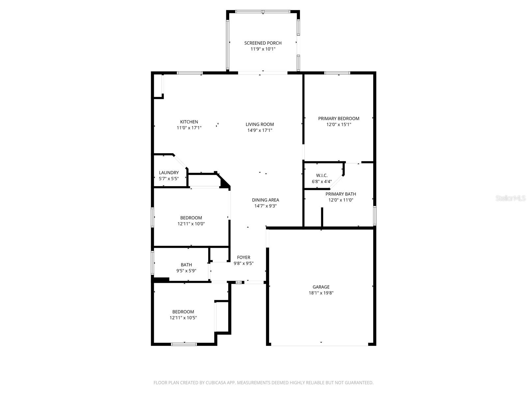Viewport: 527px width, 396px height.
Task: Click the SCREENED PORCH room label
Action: [263, 43]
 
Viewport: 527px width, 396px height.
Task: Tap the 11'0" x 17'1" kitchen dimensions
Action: [189, 128]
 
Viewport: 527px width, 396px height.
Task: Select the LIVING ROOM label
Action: [260, 124]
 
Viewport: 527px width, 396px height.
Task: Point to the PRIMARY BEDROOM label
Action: [339, 118]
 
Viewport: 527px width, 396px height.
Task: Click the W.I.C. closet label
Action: [322, 176]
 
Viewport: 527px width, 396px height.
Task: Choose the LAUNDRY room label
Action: [169, 173]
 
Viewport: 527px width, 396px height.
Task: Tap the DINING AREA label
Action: [265, 200]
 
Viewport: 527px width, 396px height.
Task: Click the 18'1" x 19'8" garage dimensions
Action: [321, 293]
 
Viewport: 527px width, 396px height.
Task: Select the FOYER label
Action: [244, 257]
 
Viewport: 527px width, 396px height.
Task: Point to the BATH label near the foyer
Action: [186, 265]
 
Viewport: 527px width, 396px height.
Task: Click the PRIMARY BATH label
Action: [341, 194]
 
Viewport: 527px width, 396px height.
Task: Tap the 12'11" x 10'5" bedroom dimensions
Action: [183, 318]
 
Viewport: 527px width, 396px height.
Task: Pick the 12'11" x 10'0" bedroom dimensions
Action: [191, 224]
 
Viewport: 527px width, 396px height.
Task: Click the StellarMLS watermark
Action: [511, 198]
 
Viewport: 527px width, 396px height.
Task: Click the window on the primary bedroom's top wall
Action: [337, 73]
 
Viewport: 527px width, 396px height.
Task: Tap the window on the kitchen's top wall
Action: [190, 73]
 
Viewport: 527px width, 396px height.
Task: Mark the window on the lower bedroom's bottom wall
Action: [184, 344]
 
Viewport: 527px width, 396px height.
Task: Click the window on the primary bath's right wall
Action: [374, 216]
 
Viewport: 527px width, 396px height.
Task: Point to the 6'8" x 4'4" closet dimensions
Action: [322, 181]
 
